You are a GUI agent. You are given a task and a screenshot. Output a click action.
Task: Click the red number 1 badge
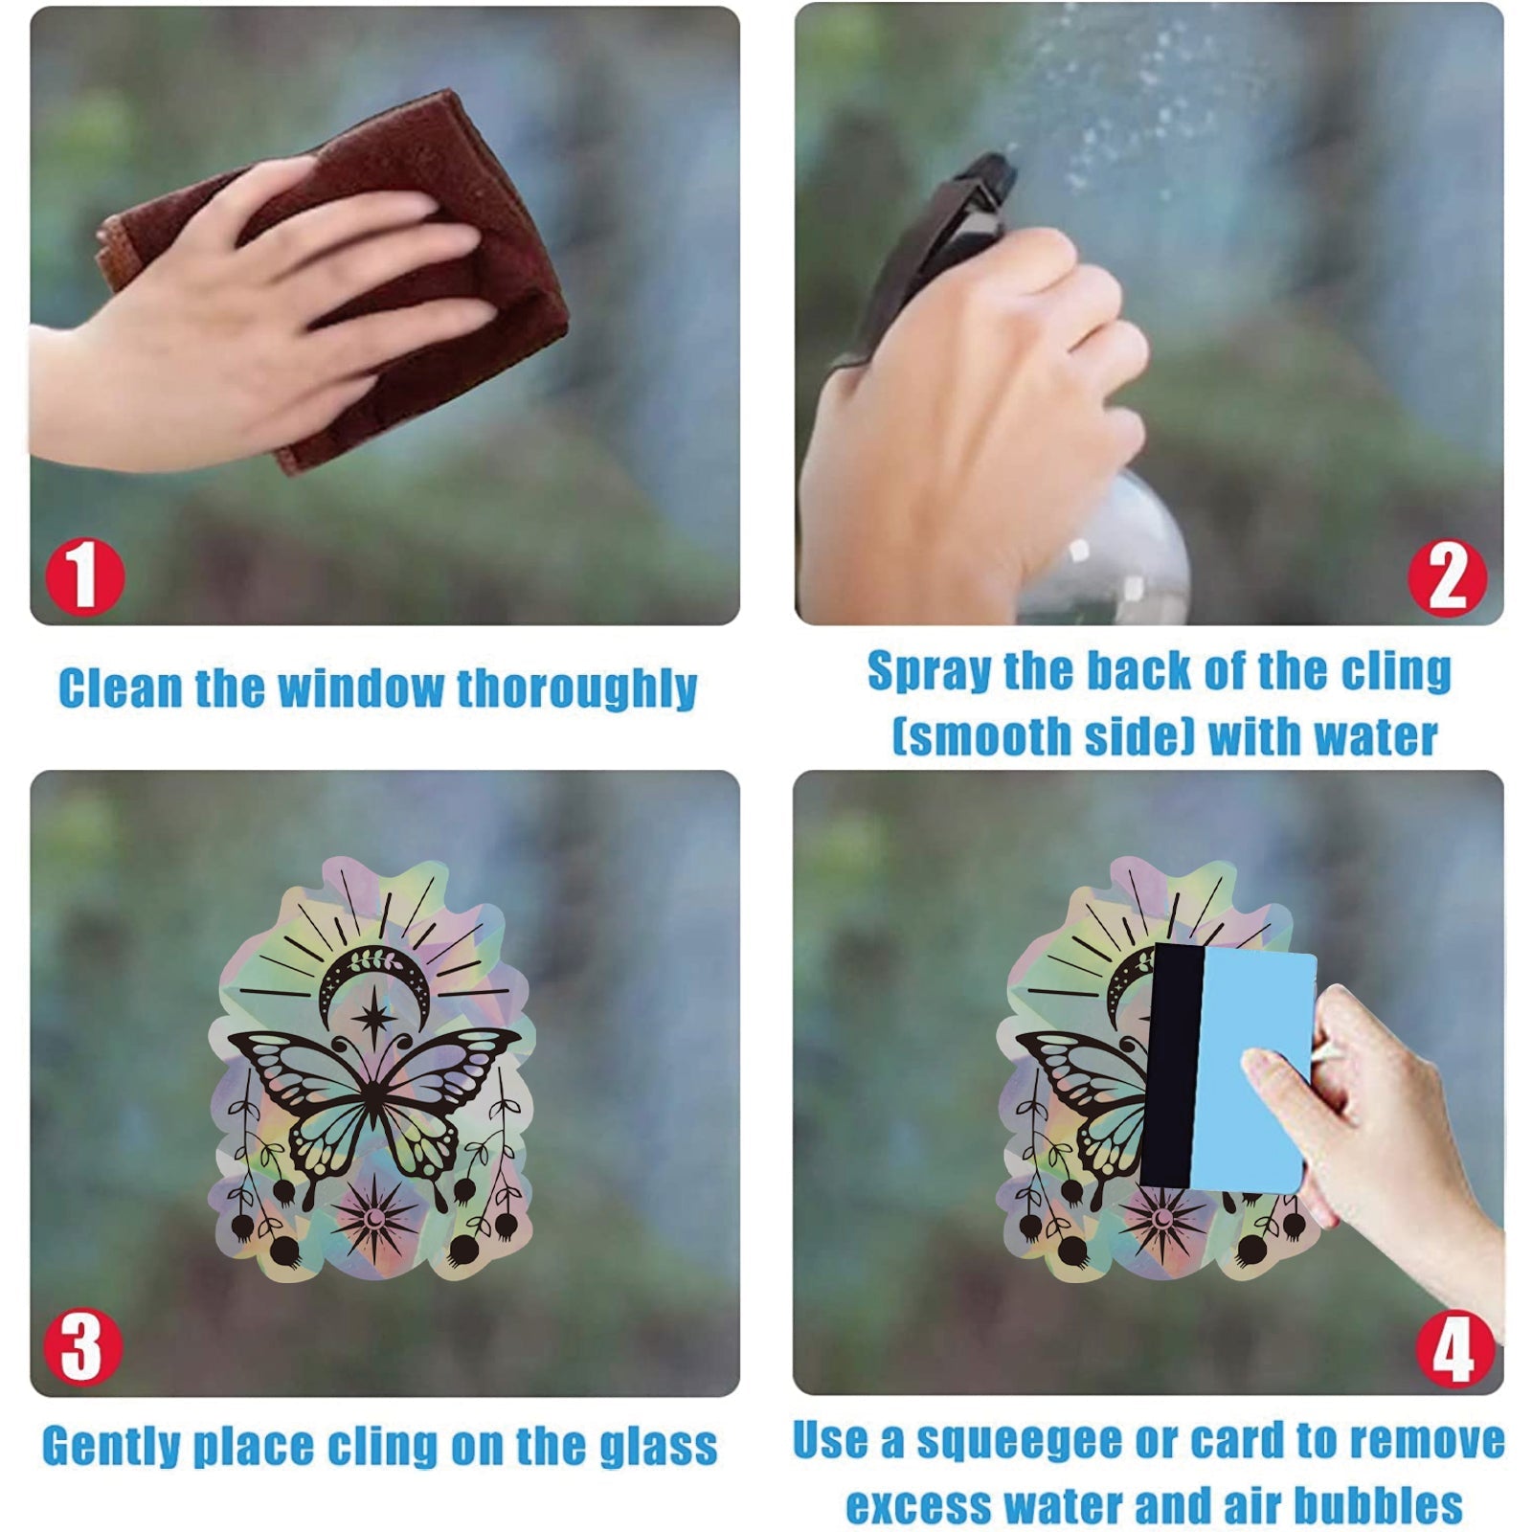85,576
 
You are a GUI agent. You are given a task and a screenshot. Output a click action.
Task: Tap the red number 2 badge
1447,578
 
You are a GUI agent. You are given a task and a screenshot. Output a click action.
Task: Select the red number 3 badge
83,1346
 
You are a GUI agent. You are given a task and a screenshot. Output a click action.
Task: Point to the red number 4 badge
1454,1348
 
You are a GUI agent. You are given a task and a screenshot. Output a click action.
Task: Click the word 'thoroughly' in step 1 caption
576,689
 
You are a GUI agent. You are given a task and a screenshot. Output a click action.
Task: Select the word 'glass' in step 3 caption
660,1446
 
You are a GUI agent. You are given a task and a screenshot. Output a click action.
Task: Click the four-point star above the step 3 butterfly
371,1018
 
